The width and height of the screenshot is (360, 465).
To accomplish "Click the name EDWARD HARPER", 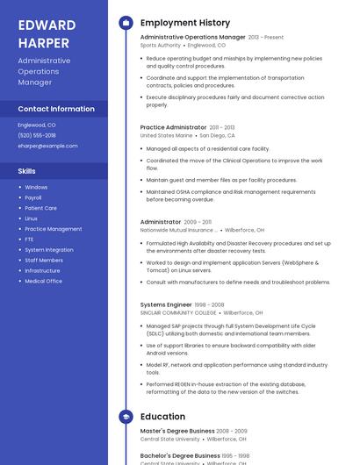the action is pyautogui.click(x=47, y=32).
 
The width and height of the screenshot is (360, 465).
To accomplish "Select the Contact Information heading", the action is pyautogui.click(x=56, y=109).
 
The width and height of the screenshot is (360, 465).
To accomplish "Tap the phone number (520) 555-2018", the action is pyautogui.click(x=37, y=135).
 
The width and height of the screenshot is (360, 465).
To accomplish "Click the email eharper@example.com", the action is pyautogui.click(x=47, y=146).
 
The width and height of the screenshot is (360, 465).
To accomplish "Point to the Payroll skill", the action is pyautogui.click(x=33, y=197).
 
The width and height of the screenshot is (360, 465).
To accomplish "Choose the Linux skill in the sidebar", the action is pyautogui.click(x=31, y=218).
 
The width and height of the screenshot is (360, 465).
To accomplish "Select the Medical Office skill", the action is pyautogui.click(x=43, y=282).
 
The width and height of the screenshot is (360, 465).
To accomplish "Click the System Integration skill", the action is pyautogui.click(x=49, y=250).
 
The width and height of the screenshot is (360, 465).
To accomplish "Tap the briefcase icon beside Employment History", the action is pyautogui.click(x=126, y=23).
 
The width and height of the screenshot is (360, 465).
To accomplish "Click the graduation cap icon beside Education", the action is pyautogui.click(x=126, y=417).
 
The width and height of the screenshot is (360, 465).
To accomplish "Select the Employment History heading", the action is pyautogui.click(x=184, y=23).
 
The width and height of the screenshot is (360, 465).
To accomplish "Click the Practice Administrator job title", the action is pyautogui.click(x=173, y=127).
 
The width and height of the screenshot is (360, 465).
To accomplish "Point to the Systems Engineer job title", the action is pyautogui.click(x=167, y=304).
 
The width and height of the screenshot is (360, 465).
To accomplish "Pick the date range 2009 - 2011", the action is pyautogui.click(x=198, y=223).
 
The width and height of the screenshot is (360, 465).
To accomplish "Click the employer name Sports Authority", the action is pyautogui.click(x=160, y=45).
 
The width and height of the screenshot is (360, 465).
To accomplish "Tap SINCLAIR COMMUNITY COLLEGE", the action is pyautogui.click(x=178, y=312).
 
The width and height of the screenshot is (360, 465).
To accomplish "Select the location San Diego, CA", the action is pyautogui.click(x=217, y=136).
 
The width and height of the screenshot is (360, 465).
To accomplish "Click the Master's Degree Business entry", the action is pyautogui.click(x=177, y=431).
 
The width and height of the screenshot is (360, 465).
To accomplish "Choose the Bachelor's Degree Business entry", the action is pyautogui.click(x=180, y=456).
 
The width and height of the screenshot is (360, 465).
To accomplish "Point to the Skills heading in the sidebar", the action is pyautogui.click(x=27, y=171).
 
